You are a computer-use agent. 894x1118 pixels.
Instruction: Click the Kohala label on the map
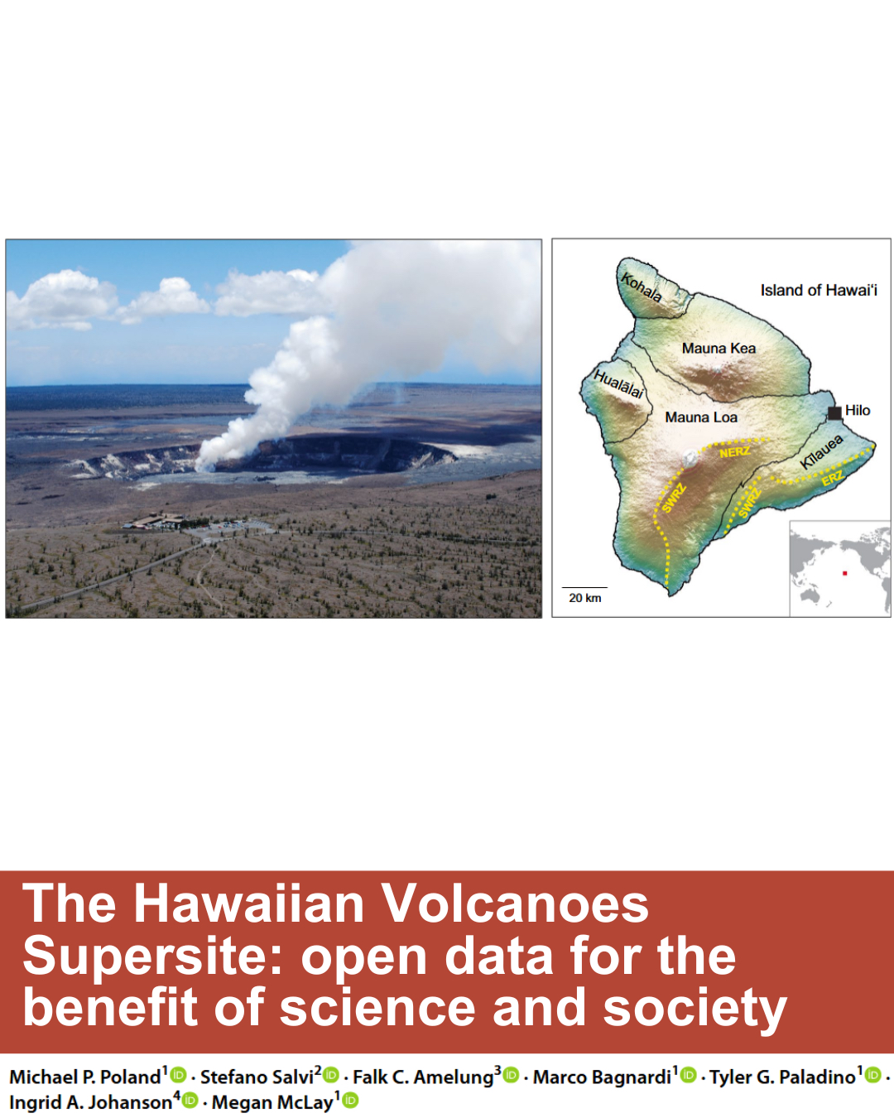pyautogui.click(x=642, y=288)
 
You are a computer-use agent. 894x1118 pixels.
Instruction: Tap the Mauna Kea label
pyautogui.click(x=719, y=348)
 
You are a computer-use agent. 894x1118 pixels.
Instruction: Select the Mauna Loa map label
pyautogui.click(x=701, y=417)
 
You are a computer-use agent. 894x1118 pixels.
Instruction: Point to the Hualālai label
pyautogui.click(x=618, y=384)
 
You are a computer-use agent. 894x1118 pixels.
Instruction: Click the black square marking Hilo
pyautogui.click(x=834, y=413)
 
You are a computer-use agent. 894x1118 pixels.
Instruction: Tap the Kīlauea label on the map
pyautogui.click(x=821, y=452)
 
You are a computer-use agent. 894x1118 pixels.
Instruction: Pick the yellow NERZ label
pyautogui.click(x=734, y=452)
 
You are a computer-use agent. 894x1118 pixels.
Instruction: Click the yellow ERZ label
pyautogui.click(x=832, y=478)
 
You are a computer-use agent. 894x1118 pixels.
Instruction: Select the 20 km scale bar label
pyautogui.click(x=585, y=598)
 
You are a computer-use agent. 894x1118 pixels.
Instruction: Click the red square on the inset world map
pyautogui.click(x=844, y=573)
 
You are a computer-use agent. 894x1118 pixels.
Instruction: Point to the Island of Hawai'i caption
pyautogui.click(x=819, y=290)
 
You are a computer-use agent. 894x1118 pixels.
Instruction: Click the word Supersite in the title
pyautogui.click(x=151, y=958)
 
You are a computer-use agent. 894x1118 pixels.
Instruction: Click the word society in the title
pyautogui.click(x=695, y=1010)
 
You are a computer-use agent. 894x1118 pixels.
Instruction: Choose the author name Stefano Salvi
pyautogui.click(x=257, y=1077)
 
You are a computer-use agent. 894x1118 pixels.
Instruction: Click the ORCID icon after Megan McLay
pyautogui.click(x=350, y=1101)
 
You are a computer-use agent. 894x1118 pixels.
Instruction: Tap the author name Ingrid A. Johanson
pyautogui.click(x=91, y=1102)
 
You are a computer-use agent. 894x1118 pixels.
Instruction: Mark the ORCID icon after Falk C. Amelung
pyautogui.click(x=512, y=1075)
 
